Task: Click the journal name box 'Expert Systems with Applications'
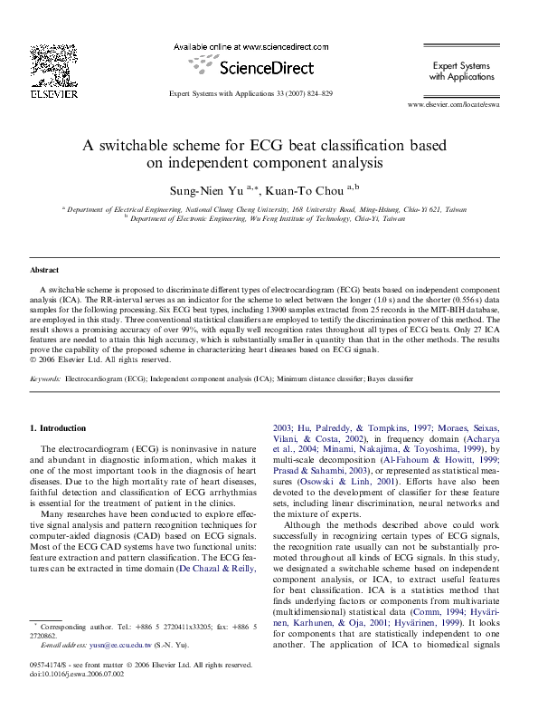click(460, 72)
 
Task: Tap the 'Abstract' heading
click(44, 271)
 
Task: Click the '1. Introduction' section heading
click(59, 427)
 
